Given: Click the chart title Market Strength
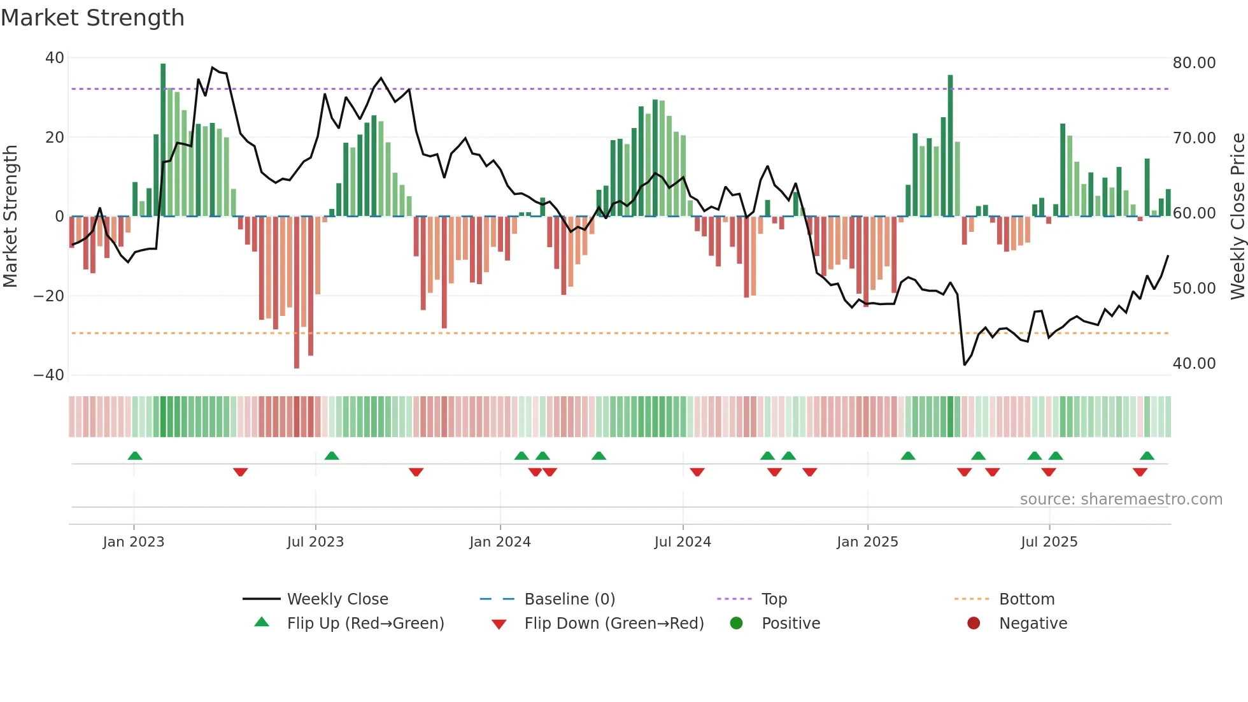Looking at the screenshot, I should pyautogui.click(x=92, y=18).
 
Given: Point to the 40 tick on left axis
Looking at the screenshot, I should pyautogui.click(x=55, y=58).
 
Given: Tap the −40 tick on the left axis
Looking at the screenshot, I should pyautogui.click(x=50, y=375).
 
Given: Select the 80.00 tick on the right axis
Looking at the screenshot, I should pyautogui.click(x=1194, y=63).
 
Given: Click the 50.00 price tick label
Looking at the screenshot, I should pyautogui.click(x=1194, y=289).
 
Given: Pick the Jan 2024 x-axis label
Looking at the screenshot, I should pyautogui.click(x=500, y=542).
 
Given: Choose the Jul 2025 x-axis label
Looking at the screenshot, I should pyautogui.click(x=1049, y=542).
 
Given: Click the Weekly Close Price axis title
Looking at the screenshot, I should pyautogui.click(x=1237, y=217).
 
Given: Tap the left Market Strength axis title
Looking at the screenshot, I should pyautogui.click(x=10, y=217).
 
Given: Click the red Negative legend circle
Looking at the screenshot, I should pyautogui.click(x=974, y=624).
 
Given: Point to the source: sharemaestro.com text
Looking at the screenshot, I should pyautogui.click(x=1121, y=499).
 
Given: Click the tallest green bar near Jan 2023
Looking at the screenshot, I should pyautogui.click(x=163, y=140).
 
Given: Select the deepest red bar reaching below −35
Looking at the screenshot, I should pyautogui.click(x=297, y=293).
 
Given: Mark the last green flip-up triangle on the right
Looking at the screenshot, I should pyautogui.click(x=1147, y=455).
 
